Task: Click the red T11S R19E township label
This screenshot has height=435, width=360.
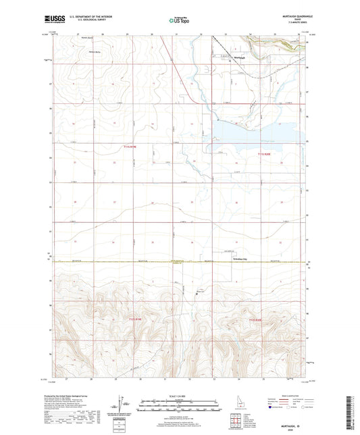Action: click(130, 147)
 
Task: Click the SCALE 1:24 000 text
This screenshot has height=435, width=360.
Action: click(180, 395)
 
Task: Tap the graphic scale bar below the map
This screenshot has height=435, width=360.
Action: click(180, 405)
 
